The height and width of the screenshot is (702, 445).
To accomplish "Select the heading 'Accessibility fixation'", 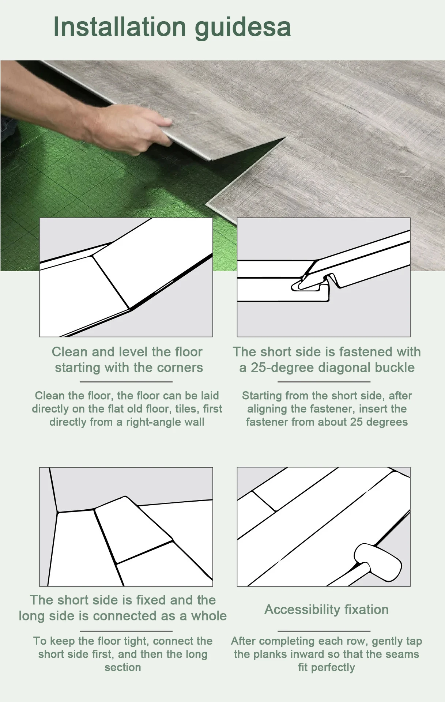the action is pyautogui.click(x=327, y=609).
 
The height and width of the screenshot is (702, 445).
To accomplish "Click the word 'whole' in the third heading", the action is pyautogui.click(x=209, y=616).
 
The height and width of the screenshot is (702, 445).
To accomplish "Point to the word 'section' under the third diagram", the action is pyautogui.click(x=123, y=668).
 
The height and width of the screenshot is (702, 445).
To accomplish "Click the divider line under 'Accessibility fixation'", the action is pyautogui.click(x=324, y=631).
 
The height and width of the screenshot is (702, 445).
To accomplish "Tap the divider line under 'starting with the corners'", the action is pyautogui.click(x=126, y=382).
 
